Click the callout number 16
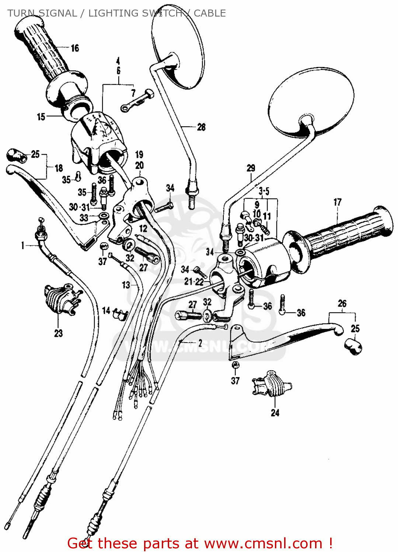[75, 48]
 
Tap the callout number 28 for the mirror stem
[201, 127]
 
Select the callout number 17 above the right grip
[338, 202]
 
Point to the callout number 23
[59, 333]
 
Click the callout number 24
[275, 413]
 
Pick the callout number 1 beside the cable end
[23, 245]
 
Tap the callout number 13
[126, 285]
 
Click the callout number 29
[251, 168]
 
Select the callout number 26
[342, 304]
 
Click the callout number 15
[41, 117]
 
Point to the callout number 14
[106, 311]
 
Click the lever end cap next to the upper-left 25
[17, 155]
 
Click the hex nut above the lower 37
[235, 365]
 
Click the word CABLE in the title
[210, 13]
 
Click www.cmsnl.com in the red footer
[263, 544]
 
